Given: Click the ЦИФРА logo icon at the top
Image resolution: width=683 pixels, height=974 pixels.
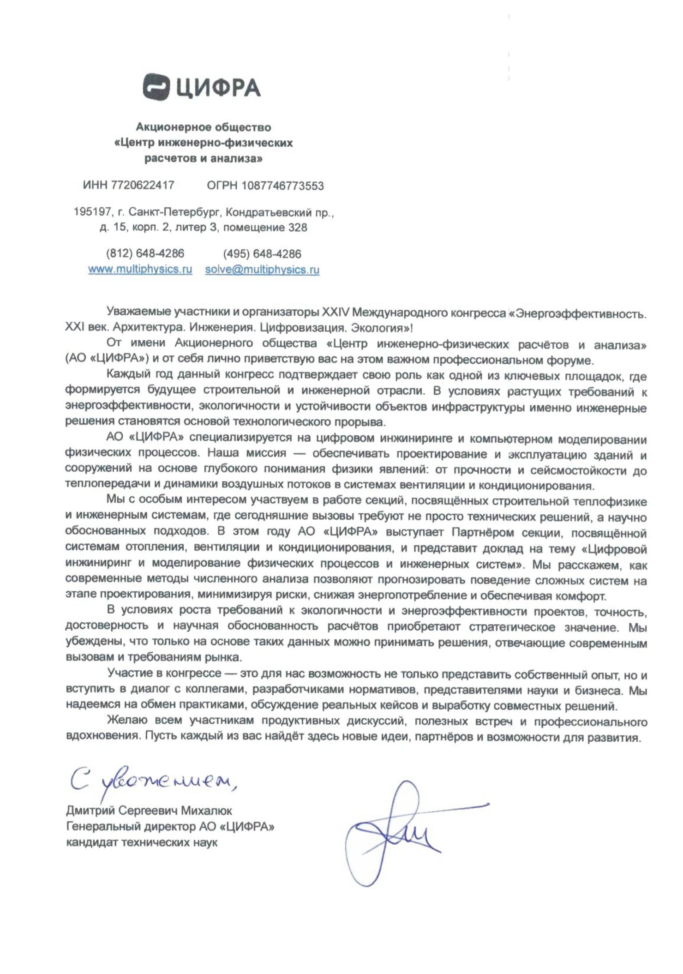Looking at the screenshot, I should click(x=157, y=87).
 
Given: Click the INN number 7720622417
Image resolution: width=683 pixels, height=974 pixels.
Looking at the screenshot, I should click(x=143, y=185).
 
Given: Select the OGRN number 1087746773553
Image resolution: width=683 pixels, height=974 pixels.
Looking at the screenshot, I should click(x=282, y=186).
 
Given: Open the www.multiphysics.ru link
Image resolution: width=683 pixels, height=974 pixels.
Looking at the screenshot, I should click(x=140, y=269).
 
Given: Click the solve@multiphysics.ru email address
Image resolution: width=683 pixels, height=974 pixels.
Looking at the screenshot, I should click(x=262, y=270).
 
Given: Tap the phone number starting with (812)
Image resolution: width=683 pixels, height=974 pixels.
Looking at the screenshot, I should click(x=145, y=253).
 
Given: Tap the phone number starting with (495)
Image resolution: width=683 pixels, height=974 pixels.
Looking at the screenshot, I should click(x=262, y=254).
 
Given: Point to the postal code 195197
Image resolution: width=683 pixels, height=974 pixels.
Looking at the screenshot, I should click(x=92, y=212).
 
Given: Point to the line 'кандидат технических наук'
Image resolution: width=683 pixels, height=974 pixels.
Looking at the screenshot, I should click(x=142, y=842).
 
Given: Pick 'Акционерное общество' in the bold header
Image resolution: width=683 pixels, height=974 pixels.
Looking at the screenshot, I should click(x=203, y=127).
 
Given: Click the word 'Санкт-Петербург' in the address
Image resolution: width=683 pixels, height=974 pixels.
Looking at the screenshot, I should click(x=175, y=212).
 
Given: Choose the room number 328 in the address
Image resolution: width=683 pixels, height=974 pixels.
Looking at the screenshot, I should click(x=298, y=228).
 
